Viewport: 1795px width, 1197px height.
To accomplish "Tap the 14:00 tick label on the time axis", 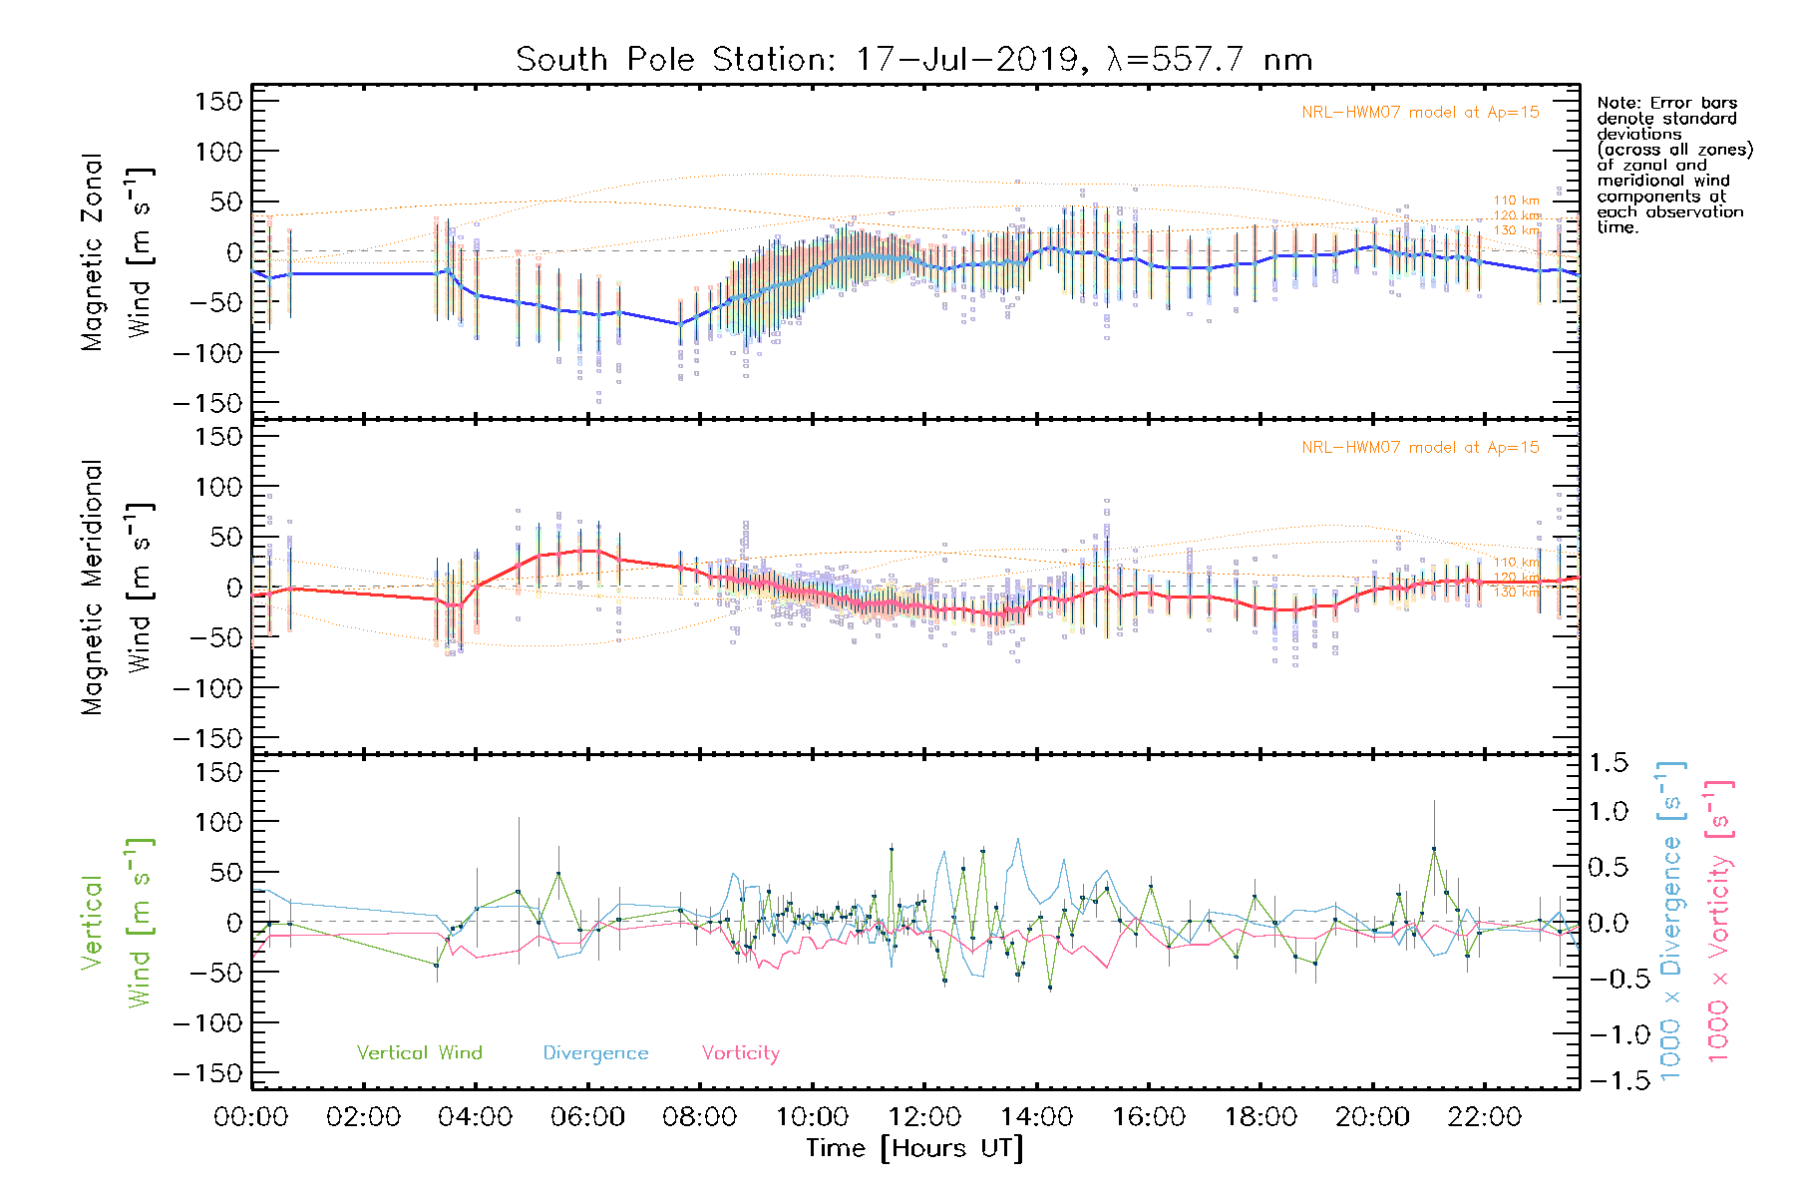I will point(1037,1117).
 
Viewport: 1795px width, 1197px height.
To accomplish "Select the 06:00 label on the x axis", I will point(587,1117).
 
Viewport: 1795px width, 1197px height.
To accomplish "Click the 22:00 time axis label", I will point(1485,1117).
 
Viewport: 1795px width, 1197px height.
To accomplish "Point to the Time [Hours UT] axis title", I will point(914,1149).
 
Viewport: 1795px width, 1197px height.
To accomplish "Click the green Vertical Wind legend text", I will point(419,1053).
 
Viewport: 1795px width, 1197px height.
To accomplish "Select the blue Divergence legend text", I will point(595,1053).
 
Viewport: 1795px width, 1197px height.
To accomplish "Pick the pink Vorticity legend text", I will point(740,1053).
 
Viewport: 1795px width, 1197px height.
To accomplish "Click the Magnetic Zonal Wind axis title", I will point(117,251).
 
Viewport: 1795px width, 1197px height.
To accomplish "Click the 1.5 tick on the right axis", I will point(1608,763).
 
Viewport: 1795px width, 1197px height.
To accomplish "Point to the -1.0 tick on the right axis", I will point(1608,1034).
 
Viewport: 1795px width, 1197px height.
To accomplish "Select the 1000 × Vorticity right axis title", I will point(1718,920).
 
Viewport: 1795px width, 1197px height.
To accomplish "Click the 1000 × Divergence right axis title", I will point(1671,920).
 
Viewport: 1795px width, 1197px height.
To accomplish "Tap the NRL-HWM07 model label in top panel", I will point(1420,113).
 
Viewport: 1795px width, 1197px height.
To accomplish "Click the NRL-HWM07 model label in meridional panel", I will point(1420,448).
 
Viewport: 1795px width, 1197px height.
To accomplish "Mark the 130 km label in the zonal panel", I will point(1516,230).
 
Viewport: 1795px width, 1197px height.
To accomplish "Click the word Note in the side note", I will point(1616,104).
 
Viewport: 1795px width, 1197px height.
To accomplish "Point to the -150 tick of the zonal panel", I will point(207,404).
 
